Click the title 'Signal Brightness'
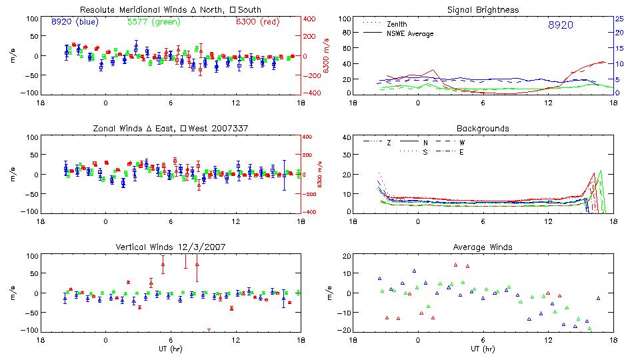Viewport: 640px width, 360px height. pyautogui.click(x=483, y=10)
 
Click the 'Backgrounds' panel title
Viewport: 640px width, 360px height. pyautogui.click(x=483, y=128)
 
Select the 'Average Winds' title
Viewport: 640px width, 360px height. pyautogui.click(x=483, y=247)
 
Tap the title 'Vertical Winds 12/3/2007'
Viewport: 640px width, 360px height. pyautogui.click(x=171, y=247)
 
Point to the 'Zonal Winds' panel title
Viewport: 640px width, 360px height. pyautogui.click(x=171, y=128)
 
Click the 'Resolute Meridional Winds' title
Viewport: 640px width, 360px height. pyautogui.click(x=171, y=10)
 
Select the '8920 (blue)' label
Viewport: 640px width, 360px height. pyautogui.click(x=74, y=22)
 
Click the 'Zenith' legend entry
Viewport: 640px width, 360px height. pyautogui.click(x=397, y=24)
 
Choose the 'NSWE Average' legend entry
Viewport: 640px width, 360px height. pyautogui.click(x=409, y=33)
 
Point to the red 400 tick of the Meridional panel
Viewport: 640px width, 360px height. pyautogui.click(x=310, y=19)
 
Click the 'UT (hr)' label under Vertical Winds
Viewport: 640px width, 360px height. pyautogui.click(x=171, y=349)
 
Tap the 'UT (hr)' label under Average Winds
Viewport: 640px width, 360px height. pyautogui.click(x=483, y=349)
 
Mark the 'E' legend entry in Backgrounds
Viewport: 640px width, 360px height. pyautogui.click(x=461, y=152)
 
